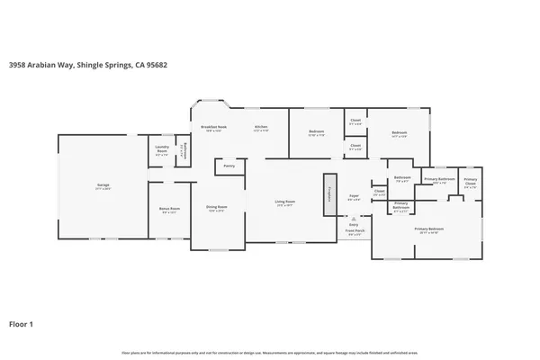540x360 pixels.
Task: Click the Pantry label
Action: tap(229, 166)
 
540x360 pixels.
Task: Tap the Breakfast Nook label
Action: tap(213, 128)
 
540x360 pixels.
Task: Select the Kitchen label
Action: tap(260, 128)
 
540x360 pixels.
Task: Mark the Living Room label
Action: tap(285, 202)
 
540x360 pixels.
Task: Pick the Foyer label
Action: tap(354, 196)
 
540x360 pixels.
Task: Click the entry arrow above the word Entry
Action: tap(353, 218)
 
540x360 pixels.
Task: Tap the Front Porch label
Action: tap(354, 230)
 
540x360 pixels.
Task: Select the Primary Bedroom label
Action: tap(427, 229)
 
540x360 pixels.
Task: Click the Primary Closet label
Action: tap(471, 180)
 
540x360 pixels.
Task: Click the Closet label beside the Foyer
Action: tap(379, 191)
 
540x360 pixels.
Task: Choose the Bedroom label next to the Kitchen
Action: tap(317, 132)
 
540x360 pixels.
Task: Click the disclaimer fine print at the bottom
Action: tap(270, 351)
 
